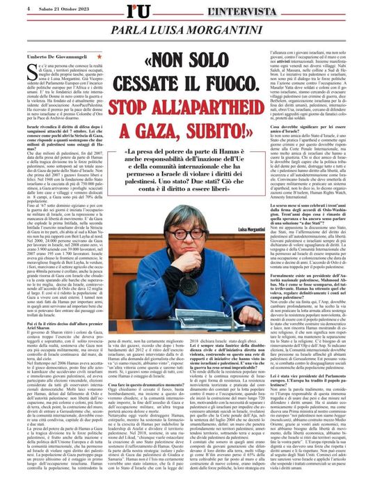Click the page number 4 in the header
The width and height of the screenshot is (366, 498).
tap(10, 8)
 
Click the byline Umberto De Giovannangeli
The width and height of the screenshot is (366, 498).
tap(56, 55)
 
